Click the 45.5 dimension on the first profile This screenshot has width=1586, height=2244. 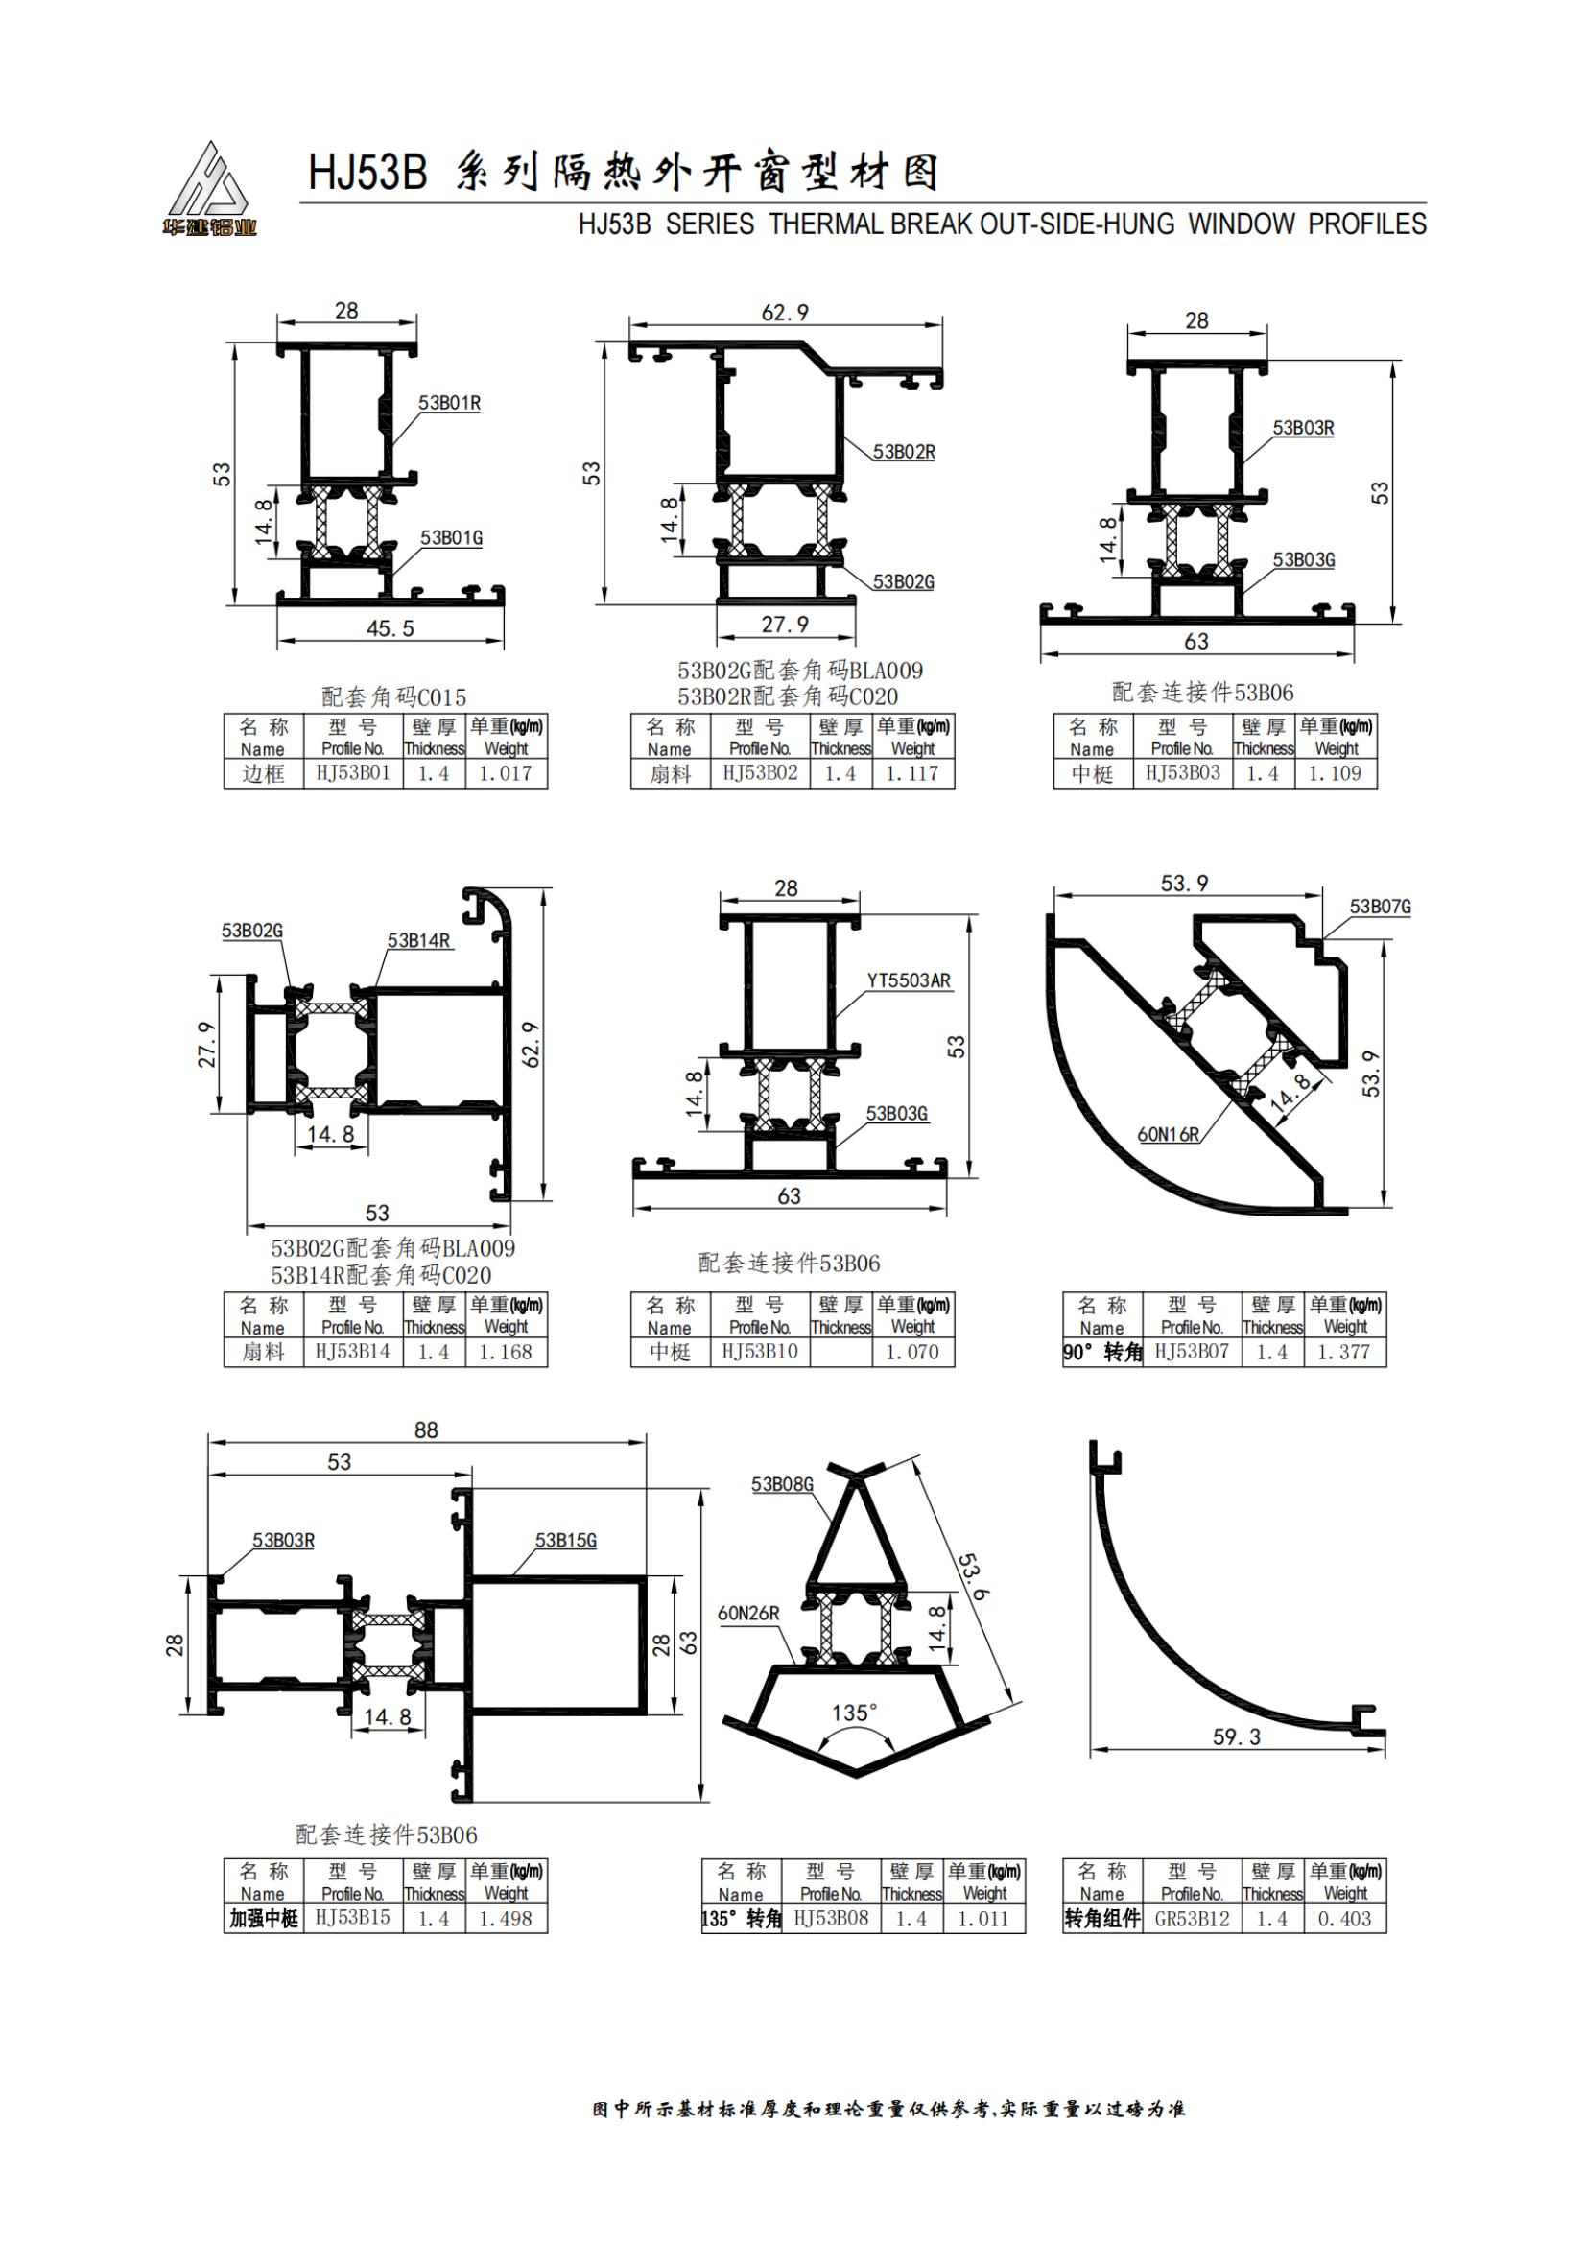tap(390, 628)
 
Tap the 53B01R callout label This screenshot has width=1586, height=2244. tap(450, 403)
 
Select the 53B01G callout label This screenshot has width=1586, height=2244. tap(452, 537)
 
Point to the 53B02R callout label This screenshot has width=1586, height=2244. tap(904, 452)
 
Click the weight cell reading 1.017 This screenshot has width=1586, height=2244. tap(506, 773)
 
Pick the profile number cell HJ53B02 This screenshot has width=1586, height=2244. tap(759, 773)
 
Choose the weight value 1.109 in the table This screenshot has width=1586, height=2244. tap(1335, 773)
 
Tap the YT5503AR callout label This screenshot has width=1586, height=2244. tap(909, 980)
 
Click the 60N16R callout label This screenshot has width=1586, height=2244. tap(1168, 1135)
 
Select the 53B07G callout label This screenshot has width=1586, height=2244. tap(1380, 907)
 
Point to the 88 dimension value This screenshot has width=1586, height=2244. tap(426, 1429)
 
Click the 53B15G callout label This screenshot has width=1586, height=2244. tap(566, 1541)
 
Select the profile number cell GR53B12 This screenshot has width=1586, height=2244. tap(1192, 1919)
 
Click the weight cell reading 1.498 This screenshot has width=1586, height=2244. tap(506, 1919)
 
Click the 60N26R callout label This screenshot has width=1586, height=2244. tap(748, 1613)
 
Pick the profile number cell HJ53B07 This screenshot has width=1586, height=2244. tap(1192, 1352)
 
